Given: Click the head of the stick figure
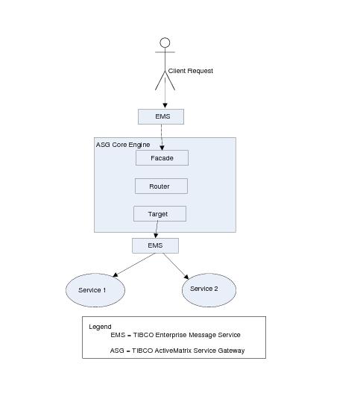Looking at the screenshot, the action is coord(165,43).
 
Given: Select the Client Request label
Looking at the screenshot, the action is coord(191,71).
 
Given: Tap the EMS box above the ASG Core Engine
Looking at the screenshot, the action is coord(161,116).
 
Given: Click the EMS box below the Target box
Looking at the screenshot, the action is coord(155,245).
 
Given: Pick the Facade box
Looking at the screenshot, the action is coord(162,157).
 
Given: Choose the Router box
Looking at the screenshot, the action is coord(161,186).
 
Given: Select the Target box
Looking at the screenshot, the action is coord(160,214).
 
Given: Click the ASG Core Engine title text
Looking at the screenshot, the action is coord(123,145).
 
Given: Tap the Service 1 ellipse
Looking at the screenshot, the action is coord(95,290).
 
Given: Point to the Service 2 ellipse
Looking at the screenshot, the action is coord(209,290).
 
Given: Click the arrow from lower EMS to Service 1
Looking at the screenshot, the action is coord(134,265).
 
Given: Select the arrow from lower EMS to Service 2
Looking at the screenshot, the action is coord(176,266).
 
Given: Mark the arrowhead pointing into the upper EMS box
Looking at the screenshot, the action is coord(165,106).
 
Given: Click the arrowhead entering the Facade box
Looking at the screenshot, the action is coord(162,148).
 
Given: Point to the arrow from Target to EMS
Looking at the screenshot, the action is coord(157,230).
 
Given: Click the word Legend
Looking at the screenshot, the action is coord(100,327).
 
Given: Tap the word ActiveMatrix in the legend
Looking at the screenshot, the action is coord(173,351).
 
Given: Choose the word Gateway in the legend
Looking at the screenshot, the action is coord(231,351).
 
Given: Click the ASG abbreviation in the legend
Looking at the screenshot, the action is coord(117,351).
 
